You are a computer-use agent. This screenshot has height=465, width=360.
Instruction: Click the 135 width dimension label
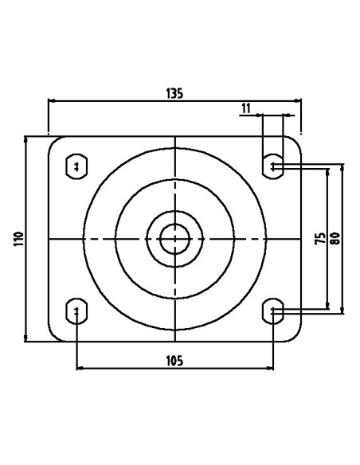[174, 93]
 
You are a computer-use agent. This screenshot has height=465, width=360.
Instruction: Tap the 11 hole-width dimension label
[246, 108]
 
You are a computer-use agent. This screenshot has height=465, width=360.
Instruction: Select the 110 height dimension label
[18, 239]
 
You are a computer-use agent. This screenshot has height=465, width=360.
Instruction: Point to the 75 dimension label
[320, 238]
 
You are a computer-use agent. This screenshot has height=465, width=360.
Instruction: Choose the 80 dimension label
[335, 238]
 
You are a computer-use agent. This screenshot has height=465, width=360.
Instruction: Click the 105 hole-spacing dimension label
[174, 361]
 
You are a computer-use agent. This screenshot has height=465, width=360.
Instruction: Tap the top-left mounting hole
[76, 166]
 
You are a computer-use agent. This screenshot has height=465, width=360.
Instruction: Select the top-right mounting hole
[273, 166]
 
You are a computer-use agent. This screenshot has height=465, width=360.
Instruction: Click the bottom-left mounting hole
[76, 311]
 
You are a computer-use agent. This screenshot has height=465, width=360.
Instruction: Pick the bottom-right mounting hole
[273, 311]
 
